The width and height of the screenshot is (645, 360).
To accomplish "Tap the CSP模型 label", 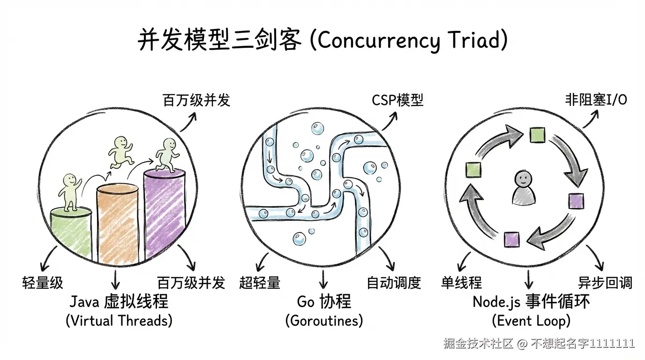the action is (x=397, y=100).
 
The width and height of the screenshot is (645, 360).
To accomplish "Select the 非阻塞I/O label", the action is (x=596, y=100).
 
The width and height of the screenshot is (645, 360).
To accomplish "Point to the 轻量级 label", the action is (x=43, y=283).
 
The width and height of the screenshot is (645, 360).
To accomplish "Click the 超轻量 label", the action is (x=260, y=283).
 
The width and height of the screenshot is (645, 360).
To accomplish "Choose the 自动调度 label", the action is (x=394, y=283).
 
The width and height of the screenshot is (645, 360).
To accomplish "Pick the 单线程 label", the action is (x=461, y=283).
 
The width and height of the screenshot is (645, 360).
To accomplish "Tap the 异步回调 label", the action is (x=605, y=283).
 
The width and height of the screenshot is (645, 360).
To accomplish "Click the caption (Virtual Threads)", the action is (x=119, y=321).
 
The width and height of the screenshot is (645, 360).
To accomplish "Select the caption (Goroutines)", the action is (x=324, y=321).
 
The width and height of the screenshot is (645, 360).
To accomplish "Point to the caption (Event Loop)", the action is (x=531, y=321).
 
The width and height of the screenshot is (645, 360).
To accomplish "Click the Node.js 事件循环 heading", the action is (x=531, y=301).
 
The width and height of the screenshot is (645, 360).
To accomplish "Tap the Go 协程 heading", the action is (x=324, y=301).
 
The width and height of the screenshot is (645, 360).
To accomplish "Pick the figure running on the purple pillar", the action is (x=167, y=155).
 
